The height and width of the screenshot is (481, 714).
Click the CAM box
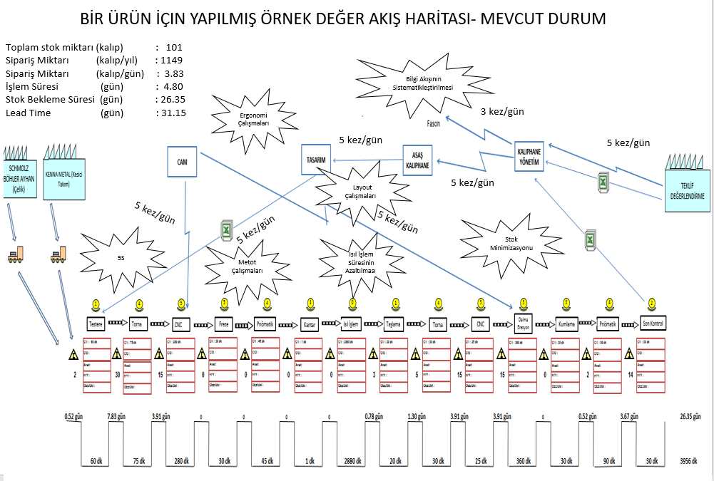click(182, 162)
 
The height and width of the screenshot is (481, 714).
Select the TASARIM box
click(317, 160)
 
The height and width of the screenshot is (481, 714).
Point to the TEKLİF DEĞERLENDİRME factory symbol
click(688, 186)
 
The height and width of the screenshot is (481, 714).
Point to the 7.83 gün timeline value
click(117, 415)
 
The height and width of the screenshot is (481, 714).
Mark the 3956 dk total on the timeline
click(690, 460)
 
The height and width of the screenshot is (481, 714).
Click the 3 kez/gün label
click(502, 111)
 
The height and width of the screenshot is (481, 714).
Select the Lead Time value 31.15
click(171, 113)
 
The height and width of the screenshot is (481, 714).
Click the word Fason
click(434, 123)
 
